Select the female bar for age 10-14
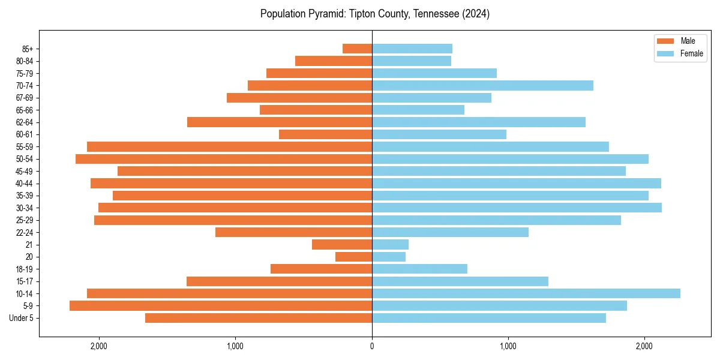coord(526,293)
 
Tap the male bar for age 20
coord(353,257)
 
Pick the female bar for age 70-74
coord(482,86)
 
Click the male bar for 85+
coord(357,49)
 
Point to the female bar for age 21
coord(390,245)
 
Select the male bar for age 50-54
coord(224,159)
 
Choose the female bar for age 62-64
coord(479,122)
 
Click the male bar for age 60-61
coord(325,134)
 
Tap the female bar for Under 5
coord(489,318)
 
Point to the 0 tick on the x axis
coord(372,346)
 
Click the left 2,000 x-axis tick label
coord(98,346)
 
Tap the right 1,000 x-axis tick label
coord(508,346)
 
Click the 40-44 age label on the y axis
coord(25,184)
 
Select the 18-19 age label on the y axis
coord(25,269)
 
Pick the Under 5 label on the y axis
coord(22,318)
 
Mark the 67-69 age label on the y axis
coord(25,98)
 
